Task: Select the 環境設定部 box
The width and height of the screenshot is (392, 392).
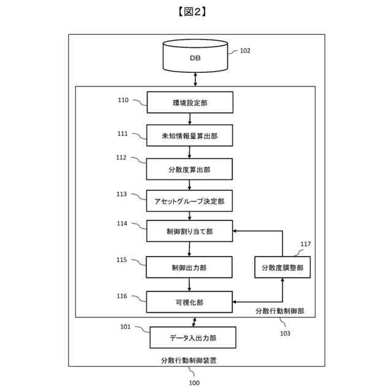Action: (x=190, y=102)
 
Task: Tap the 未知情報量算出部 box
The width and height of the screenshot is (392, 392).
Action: (x=190, y=136)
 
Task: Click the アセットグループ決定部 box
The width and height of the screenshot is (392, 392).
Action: (x=190, y=201)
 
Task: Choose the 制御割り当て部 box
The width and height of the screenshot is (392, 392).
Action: (x=190, y=232)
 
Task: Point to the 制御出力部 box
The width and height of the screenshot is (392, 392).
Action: (x=190, y=267)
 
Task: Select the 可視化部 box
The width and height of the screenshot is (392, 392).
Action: (x=190, y=301)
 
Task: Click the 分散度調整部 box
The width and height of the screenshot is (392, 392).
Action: (x=282, y=267)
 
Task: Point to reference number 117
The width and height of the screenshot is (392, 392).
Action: (x=305, y=244)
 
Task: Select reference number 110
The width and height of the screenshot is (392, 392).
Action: (x=123, y=100)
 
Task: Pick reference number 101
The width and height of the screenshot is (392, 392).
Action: (x=125, y=326)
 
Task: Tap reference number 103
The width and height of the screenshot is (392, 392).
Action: (x=285, y=334)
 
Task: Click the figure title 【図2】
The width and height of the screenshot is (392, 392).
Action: (x=195, y=12)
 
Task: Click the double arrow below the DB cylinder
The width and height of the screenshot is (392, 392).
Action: (x=195, y=78)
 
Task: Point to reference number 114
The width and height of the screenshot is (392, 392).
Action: (x=123, y=224)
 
